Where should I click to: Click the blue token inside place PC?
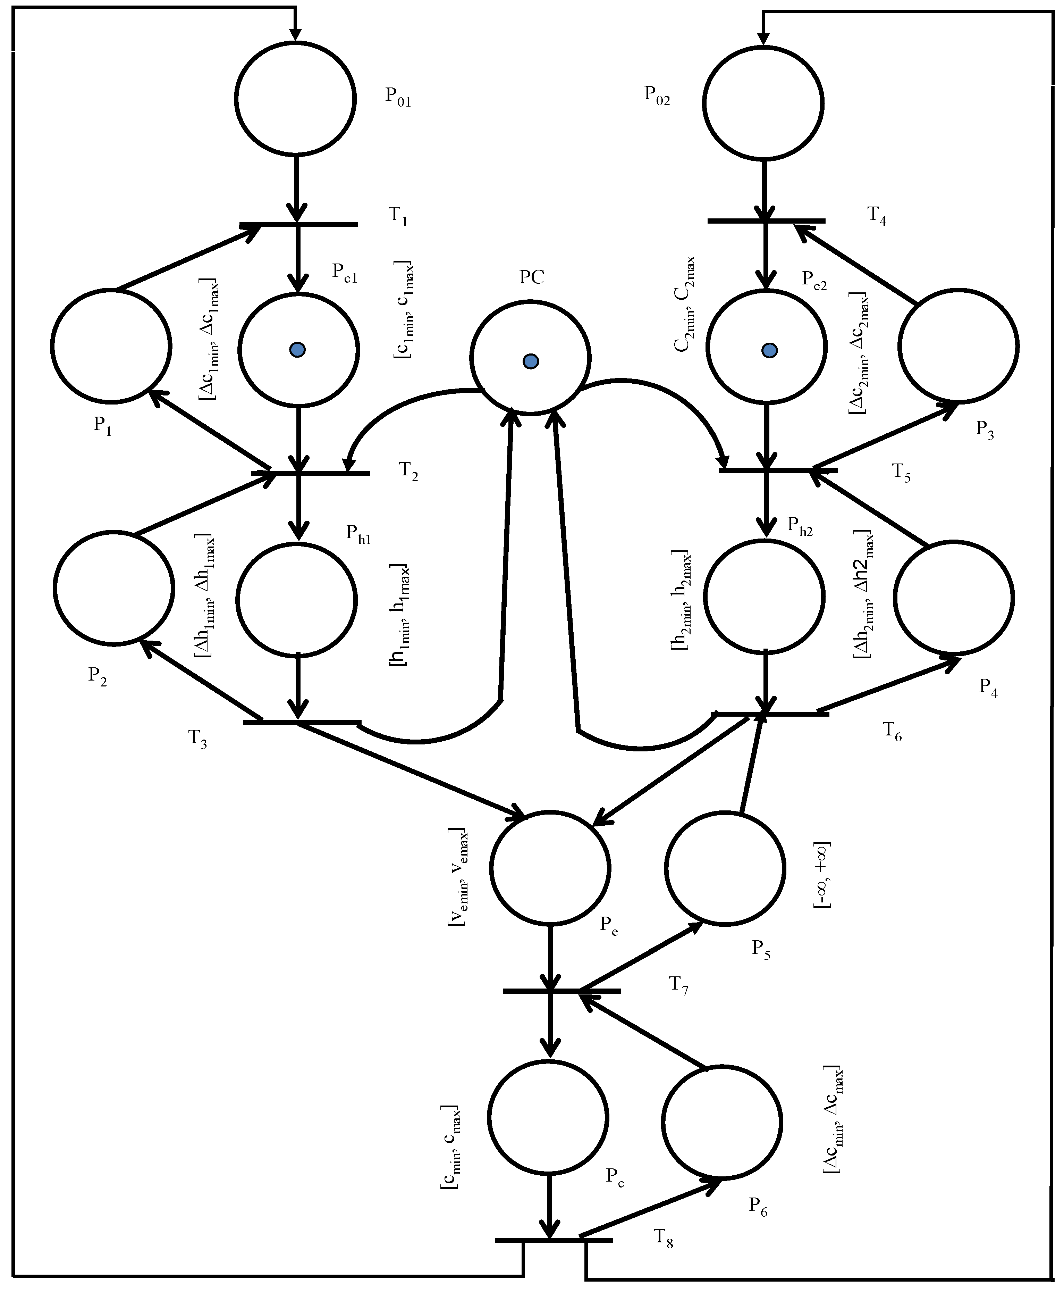531,361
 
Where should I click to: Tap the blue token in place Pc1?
298,350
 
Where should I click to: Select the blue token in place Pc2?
769,350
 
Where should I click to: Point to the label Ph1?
358,534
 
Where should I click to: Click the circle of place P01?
295,98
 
